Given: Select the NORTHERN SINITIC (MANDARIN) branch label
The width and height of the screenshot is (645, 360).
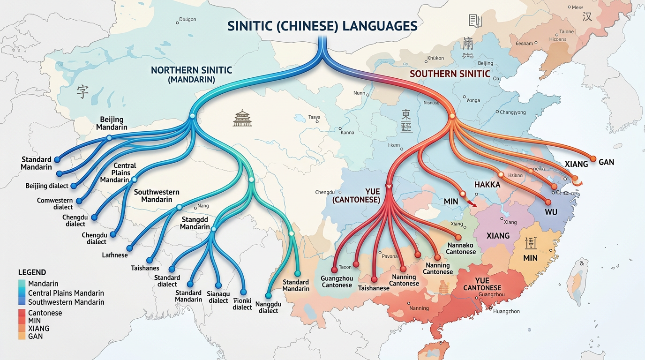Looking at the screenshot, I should [x=191, y=75].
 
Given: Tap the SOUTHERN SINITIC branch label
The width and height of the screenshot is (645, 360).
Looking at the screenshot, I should [x=450, y=74].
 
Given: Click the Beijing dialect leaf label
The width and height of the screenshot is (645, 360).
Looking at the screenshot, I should [x=47, y=186].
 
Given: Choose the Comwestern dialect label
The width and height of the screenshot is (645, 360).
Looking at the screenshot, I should [x=55, y=204].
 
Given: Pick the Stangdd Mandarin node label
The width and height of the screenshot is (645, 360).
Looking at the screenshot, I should [x=195, y=223].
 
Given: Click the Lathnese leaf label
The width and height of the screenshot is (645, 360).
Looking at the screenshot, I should [x=115, y=255].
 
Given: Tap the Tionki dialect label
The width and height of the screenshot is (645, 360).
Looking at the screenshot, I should [x=242, y=304].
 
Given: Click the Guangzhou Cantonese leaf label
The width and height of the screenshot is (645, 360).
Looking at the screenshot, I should [x=337, y=282].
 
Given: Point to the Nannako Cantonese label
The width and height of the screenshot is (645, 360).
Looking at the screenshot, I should [x=461, y=248].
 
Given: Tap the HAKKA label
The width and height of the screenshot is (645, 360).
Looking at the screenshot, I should [x=487, y=185].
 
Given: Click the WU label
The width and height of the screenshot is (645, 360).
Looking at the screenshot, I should [x=551, y=212].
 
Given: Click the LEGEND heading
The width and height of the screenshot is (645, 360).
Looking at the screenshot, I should [x=32, y=272].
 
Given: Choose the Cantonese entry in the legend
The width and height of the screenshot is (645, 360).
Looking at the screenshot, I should [x=45, y=313].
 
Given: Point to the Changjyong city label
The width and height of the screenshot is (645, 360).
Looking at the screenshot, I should [x=513, y=112].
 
